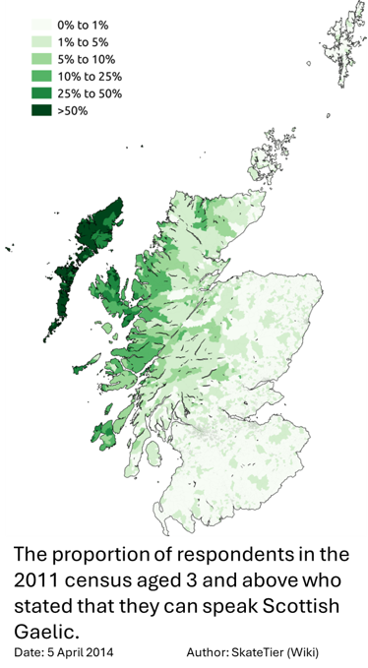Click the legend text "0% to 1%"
coord(84,24)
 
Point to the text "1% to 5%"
coord(84,41)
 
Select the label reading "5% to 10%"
coord(87,58)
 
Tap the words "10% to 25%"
coord(90,76)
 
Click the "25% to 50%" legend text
coord(90,92)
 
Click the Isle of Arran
coord(152,455)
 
